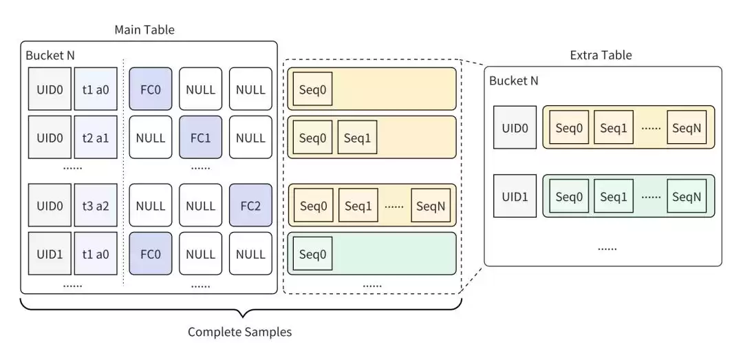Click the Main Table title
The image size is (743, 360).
click(144, 30)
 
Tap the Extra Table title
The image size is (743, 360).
click(601, 55)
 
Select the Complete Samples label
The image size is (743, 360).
click(240, 332)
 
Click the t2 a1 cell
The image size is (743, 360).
click(96, 138)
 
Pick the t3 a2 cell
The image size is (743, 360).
click(96, 206)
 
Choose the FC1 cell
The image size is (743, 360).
click(200, 138)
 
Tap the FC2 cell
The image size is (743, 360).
click(250, 206)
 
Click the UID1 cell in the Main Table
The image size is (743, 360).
click(50, 254)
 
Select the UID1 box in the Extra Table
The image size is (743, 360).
click(515, 196)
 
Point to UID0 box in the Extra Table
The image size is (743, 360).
click(515, 128)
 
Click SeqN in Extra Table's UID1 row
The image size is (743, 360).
click(686, 196)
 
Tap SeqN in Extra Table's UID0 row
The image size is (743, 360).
click(686, 128)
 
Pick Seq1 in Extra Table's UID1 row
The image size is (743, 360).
click(613, 196)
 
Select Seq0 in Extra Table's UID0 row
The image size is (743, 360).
click(569, 128)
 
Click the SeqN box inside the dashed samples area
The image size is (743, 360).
click(431, 206)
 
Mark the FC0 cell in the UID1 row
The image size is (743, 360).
click(150, 254)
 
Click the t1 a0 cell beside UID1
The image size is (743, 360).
click(96, 254)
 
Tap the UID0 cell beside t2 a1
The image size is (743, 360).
click(50, 138)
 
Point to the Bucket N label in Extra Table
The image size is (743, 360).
click(513, 81)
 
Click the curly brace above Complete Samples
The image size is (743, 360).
click(240, 306)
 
